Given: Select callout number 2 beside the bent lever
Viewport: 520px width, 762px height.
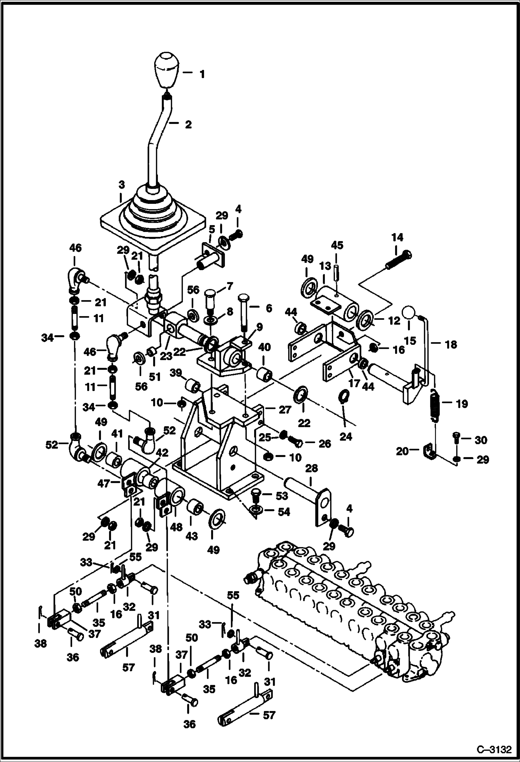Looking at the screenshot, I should (x=188, y=124).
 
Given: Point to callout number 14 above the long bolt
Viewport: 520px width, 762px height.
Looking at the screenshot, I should (x=397, y=238).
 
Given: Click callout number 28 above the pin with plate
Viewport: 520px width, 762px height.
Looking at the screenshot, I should (x=311, y=469).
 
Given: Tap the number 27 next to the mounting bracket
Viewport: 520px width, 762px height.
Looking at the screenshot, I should (x=285, y=410).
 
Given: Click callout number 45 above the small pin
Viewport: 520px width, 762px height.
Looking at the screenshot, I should (x=337, y=245).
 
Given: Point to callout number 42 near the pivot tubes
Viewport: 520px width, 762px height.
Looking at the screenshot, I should (x=162, y=453).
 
